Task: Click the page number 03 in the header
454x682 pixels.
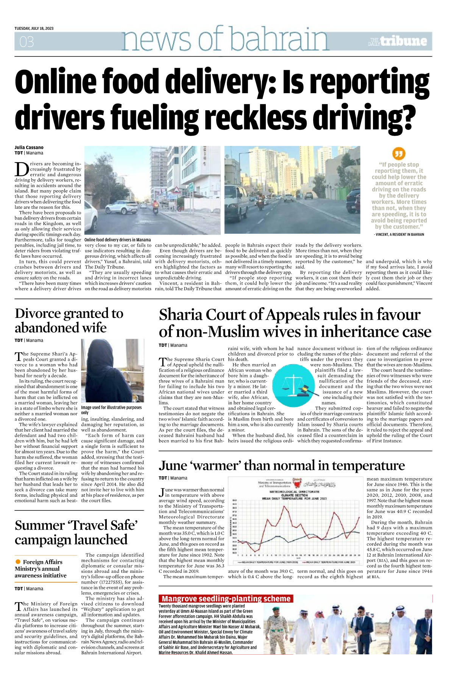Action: [27, 42]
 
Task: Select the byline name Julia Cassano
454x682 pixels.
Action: [29, 147]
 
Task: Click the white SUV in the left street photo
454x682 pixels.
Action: [122, 207]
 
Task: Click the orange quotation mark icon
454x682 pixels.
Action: [398, 154]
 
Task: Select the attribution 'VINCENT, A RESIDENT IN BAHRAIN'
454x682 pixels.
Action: [399, 235]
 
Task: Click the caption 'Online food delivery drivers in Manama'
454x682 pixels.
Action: [117, 240]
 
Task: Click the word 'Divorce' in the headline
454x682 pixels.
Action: [37, 314]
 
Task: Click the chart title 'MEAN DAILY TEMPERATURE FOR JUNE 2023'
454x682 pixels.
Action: [294, 499]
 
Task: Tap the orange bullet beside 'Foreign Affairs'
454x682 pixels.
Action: [18, 562]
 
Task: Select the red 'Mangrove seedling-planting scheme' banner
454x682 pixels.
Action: [226, 599]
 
